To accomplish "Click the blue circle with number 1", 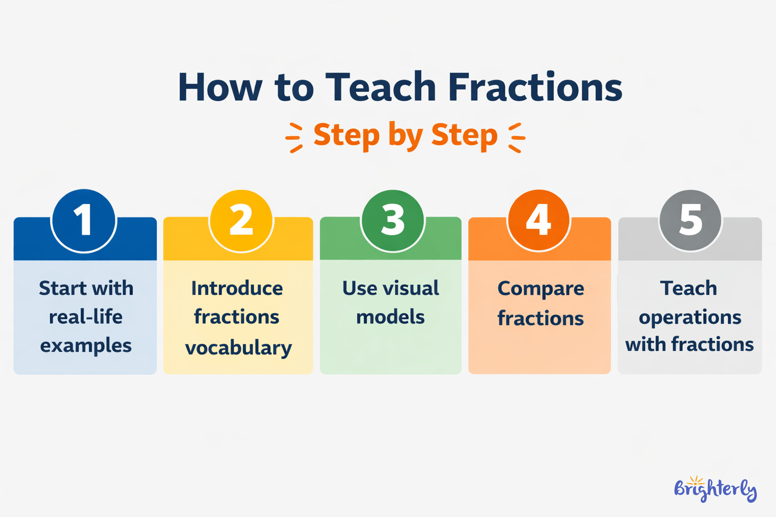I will click(84, 221).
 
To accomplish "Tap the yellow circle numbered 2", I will click(241, 221).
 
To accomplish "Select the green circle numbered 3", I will click(393, 221).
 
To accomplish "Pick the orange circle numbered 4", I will click(539, 221).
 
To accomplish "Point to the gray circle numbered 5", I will click(690, 221).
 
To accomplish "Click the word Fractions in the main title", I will click(535, 87).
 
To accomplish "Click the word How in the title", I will click(220, 87).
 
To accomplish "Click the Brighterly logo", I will click(715, 490).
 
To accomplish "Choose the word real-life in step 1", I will click(86, 317).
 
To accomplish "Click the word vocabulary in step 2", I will click(238, 348).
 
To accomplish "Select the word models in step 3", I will click(391, 317).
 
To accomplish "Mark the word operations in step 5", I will click(690, 318).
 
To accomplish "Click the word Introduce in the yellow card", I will click(237, 288).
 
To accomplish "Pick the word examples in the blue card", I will click(86, 346).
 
